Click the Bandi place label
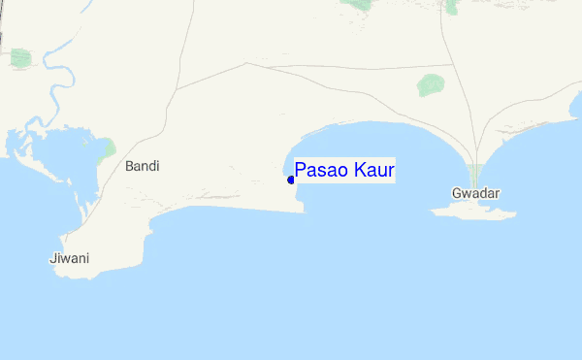143,166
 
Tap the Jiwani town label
69,258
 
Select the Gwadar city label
475,193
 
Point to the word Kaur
372,171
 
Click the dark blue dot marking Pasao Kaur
291,180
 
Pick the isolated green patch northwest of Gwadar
432,84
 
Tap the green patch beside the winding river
20,57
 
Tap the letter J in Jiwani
51,258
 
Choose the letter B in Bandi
130,166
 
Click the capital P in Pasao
301,171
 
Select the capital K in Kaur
356,171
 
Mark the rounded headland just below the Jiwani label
82,272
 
